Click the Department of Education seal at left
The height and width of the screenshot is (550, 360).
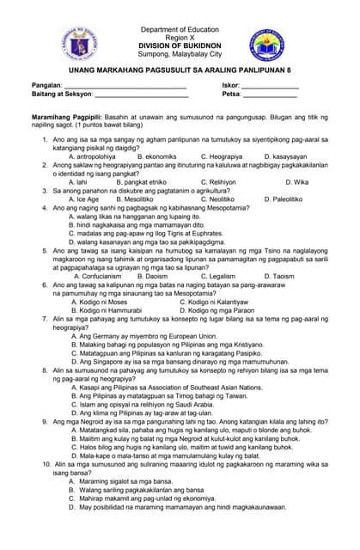pos(82,40)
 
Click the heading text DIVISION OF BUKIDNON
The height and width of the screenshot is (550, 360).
pos(180,46)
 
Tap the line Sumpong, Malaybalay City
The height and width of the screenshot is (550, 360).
pos(180,53)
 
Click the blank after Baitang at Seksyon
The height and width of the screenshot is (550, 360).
pos(141,95)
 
